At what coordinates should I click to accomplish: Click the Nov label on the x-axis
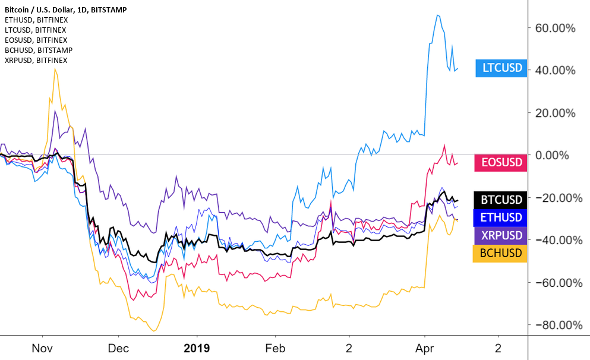[x=42, y=347]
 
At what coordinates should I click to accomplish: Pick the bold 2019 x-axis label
[x=196, y=347]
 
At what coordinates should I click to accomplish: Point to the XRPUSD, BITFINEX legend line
[x=35, y=60]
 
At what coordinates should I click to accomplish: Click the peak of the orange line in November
[x=55, y=68]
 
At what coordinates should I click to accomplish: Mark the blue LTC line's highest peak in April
[x=437, y=15]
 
